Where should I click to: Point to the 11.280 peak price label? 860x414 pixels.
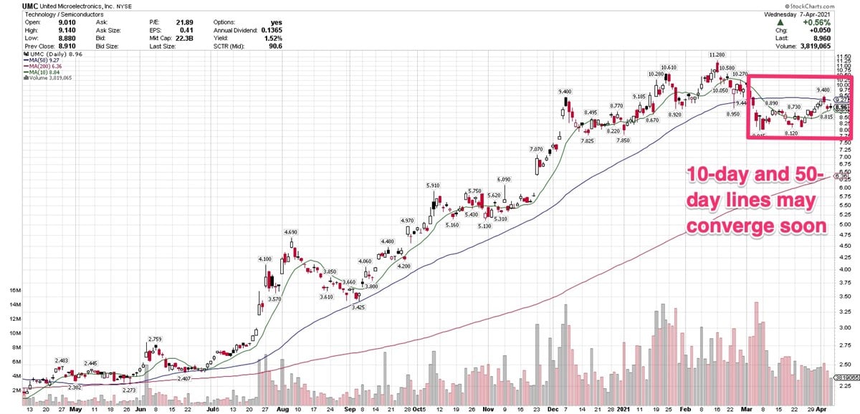pos(715,54)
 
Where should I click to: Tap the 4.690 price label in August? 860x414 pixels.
pos(290,232)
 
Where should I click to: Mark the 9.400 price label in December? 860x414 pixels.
pos(565,92)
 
